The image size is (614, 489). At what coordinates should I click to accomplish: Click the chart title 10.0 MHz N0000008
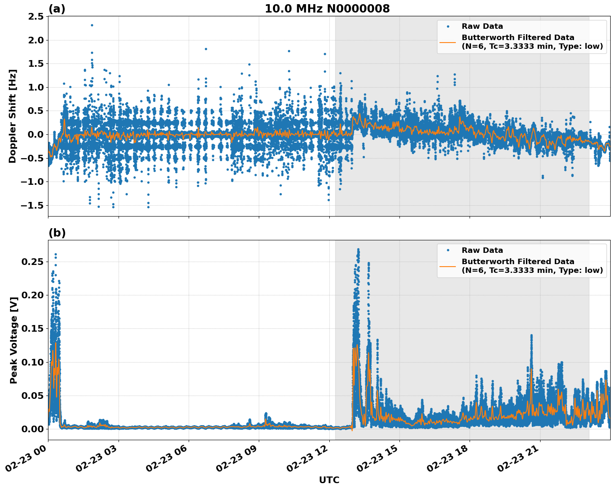(327, 9)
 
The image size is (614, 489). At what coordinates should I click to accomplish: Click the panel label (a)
(57, 9)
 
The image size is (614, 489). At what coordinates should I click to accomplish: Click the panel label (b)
(57, 233)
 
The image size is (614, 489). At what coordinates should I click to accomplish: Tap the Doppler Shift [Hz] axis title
(13, 116)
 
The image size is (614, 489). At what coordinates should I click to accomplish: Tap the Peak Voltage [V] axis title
(14, 340)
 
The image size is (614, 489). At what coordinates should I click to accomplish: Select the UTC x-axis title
(329, 480)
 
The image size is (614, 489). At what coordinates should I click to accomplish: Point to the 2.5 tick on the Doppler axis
(35, 17)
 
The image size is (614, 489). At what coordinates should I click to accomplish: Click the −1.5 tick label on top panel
(33, 205)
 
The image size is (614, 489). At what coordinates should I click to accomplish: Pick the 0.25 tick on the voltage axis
(33, 262)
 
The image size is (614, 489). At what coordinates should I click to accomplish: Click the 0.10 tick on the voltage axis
(33, 362)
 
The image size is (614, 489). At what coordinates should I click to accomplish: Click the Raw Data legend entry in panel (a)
(482, 26)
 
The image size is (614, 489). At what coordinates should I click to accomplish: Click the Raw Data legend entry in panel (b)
(482, 250)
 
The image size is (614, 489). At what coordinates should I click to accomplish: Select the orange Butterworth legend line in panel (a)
(448, 42)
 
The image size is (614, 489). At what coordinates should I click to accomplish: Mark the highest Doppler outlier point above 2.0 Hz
(92, 25)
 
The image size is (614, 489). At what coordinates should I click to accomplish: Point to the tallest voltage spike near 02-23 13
(358, 250)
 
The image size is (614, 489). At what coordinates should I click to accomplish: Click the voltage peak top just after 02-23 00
(56, 254)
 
